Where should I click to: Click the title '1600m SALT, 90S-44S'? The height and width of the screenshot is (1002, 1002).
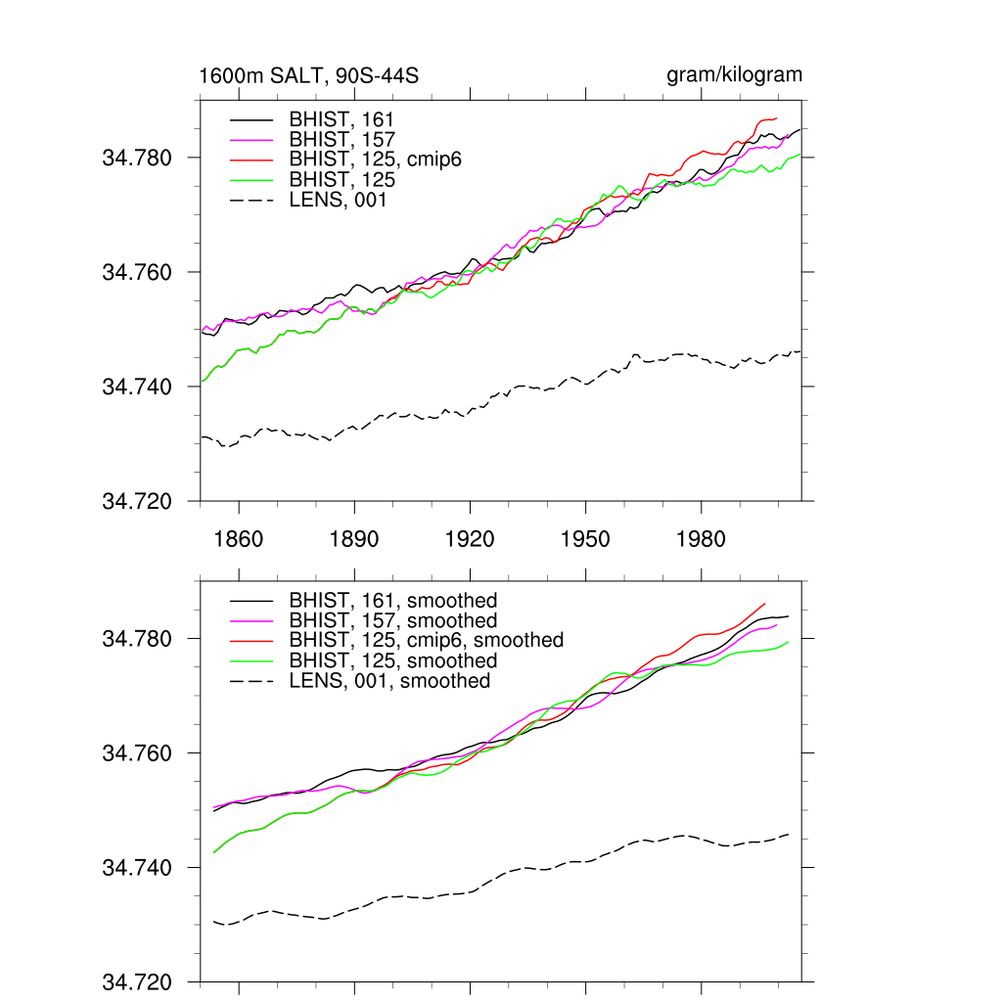pos(309,76)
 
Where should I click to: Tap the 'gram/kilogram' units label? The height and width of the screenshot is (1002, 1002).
pos(734,75)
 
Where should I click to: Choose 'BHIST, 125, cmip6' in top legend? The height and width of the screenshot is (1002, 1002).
pos(375,159)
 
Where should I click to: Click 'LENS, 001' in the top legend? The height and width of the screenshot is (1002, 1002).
pos(338,200)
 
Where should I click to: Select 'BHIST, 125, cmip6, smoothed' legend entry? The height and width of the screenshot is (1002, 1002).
pos(427,641)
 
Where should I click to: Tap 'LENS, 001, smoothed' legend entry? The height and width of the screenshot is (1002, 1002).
pos(389,681)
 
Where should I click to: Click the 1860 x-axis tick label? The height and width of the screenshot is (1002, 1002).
pos(239,539)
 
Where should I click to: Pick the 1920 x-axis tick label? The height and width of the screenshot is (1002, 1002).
pos(470,539)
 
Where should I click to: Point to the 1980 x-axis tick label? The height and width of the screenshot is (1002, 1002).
pos(701,539)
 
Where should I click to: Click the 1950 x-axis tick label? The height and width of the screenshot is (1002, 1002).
pos(585,539)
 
